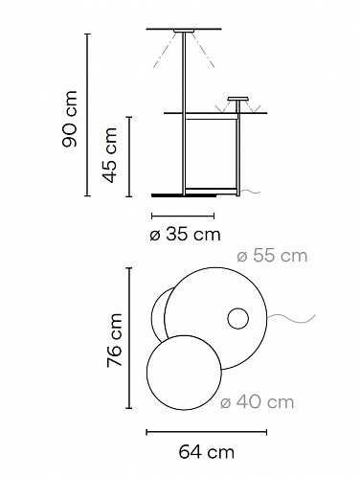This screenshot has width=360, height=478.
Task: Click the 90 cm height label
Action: click(x=70, y=119)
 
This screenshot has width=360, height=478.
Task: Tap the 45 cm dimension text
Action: click(x=110, y=155)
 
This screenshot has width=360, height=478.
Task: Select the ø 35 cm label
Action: click(x=185, y=235)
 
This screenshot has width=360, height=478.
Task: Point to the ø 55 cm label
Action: click(x=272, y=256)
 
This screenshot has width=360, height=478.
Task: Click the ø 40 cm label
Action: click(x=257, y=402)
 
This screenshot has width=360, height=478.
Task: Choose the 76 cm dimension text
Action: click(x=115, y=339)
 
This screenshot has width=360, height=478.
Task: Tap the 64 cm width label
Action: click(x=206, y=452)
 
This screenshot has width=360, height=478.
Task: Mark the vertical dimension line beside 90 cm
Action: click(x=88, y=115)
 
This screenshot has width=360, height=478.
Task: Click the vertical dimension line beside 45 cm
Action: click(x=129, y=157)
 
